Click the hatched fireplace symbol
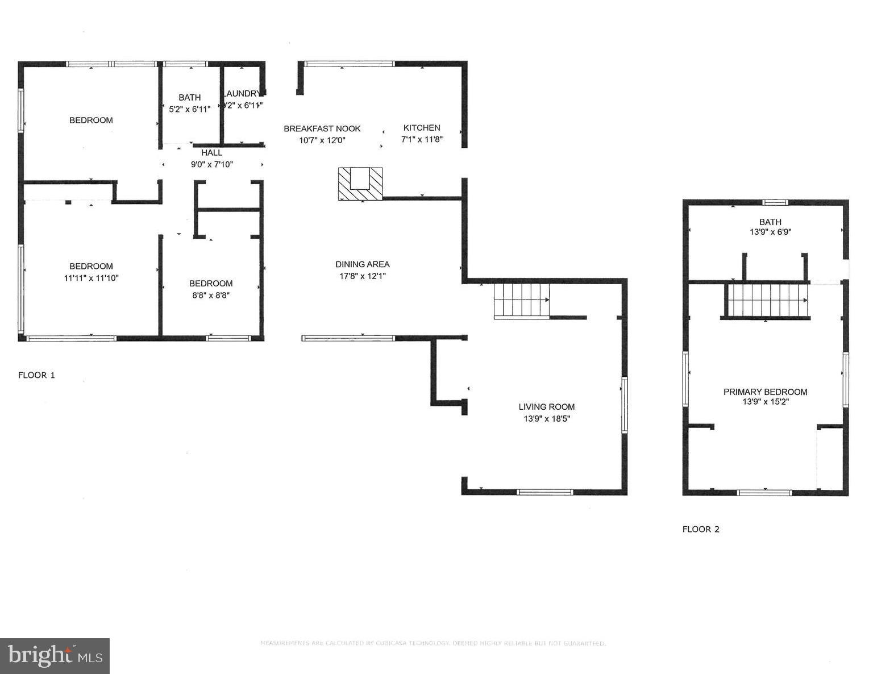[360, 184]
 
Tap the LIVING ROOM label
[546, 407]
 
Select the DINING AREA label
[362, 264]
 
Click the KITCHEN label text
[422, 128]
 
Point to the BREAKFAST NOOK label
[322, 129]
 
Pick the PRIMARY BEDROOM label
[765, 392]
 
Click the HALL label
[211, 153]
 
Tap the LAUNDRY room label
[242, 94]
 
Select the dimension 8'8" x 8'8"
[211, 295]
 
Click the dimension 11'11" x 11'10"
[91, 278]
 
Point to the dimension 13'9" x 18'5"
[546, 419]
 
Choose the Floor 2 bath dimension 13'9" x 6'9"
[770, 232]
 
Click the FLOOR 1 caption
[36, 375]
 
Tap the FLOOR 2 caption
[701, 529]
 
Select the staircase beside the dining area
[521, 300]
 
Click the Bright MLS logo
[55, 656]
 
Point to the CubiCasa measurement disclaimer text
[433, 643]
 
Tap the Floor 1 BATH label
[189, 98]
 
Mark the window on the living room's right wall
[624, 405]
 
